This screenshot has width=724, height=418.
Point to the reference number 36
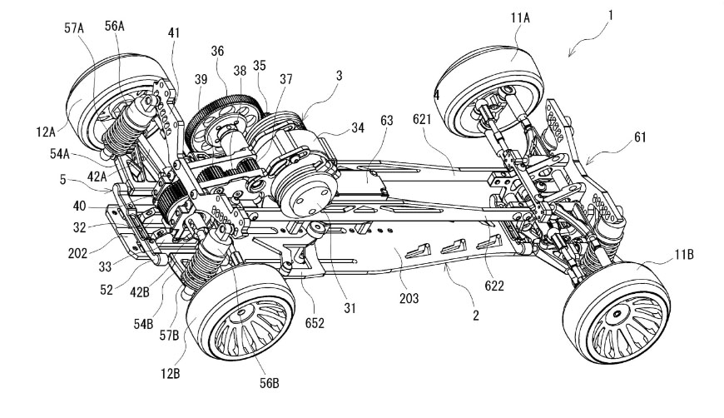point(217,50)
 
